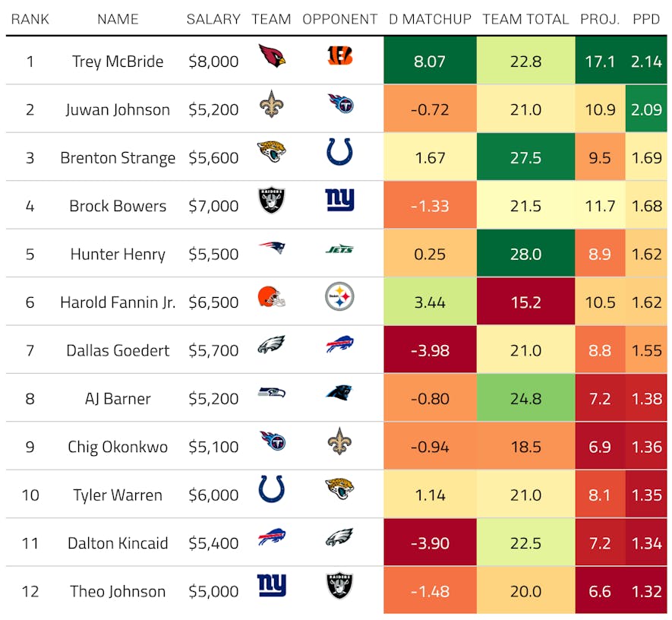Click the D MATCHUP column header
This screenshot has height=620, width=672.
coord(430,19)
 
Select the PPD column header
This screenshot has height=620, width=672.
coord(646,19)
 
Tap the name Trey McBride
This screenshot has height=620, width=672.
coord(118,62)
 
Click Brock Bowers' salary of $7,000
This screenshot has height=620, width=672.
coord(213,206)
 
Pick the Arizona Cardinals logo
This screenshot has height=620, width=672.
coord(271,55)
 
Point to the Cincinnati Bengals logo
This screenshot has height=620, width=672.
coord(339,55)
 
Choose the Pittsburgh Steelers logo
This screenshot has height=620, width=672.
coord(339,296)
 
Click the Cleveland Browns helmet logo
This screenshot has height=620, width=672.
coord(271,296)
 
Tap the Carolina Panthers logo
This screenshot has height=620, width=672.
coord(339,393)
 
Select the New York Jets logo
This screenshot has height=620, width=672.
coord(339,248)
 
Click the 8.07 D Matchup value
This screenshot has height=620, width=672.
coord(430,62)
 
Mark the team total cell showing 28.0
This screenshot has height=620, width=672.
coord(525,254)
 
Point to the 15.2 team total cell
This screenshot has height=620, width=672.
coord(525,302)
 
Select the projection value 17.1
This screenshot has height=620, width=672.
coord(600,62)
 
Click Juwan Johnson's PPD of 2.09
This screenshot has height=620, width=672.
coord(646,109)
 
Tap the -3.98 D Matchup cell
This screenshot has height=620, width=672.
coord(430,350)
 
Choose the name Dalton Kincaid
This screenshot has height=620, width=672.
coord(118,543)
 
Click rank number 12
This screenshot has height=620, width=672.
coord(30,591)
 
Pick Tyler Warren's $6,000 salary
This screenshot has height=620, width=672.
coord(213,495)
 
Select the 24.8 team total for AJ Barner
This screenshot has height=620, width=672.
coord(525,398)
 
